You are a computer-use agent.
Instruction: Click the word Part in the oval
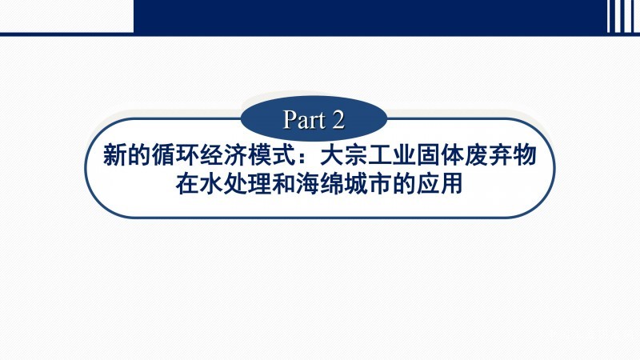(x=305, y=119)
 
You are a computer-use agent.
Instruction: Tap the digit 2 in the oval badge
(x=338, y=119)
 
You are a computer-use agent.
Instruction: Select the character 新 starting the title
(x=114, y=155)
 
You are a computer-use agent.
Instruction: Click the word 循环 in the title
(x=175, y=155)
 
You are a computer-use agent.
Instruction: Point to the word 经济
(x=224, y=155)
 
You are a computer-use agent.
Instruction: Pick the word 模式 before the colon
(x=272, y=155)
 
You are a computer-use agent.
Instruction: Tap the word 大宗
(x=345, y=155)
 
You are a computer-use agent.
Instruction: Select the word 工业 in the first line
(x=393, y=155)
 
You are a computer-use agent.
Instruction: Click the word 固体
(x=441, y=155)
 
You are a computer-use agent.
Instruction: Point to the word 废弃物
(x=502, y=155)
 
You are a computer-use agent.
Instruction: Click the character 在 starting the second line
(x=187, y=184)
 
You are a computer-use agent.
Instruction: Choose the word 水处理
(x=235, y=184)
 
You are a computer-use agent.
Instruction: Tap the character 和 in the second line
(x=284, y=184)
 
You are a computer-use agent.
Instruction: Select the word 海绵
(x=320, y=184)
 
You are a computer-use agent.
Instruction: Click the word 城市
(x=368, y=184)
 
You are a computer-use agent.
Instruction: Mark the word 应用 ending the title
(x=439, y=184)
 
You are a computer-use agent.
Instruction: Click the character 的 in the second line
(x=404, y=184)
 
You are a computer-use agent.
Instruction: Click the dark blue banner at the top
(x=367, y=16)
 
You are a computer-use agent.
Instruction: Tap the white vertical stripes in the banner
(x=623, y=16)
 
